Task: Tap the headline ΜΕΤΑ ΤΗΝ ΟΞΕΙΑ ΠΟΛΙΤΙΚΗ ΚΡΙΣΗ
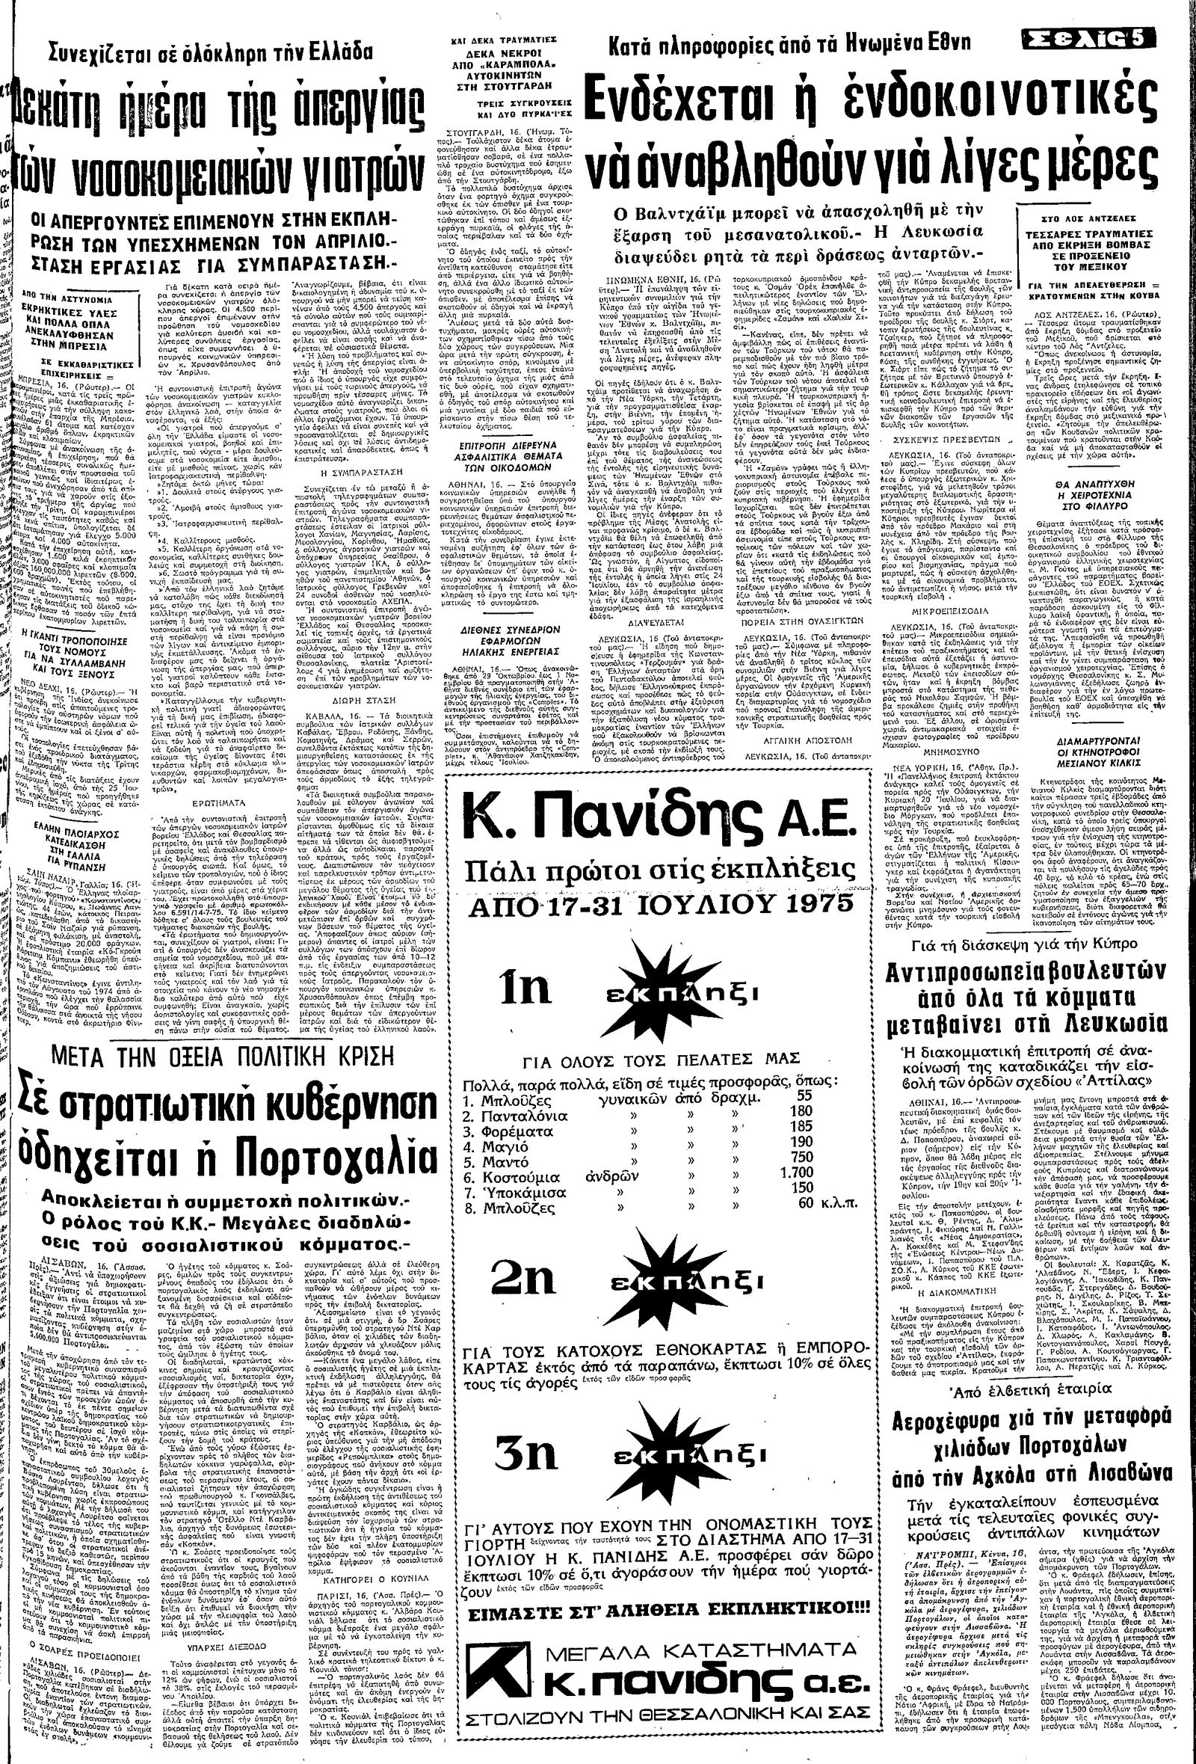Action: (214, 1055)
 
